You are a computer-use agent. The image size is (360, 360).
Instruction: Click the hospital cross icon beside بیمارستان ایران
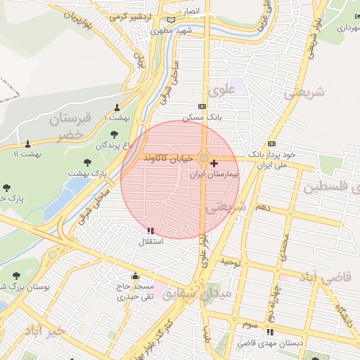coord(214,163)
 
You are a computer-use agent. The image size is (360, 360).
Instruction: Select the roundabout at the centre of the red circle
coord(204,159)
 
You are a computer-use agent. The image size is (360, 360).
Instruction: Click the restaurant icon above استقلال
coord(150,231)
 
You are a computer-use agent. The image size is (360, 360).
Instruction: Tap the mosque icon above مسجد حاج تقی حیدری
coord(135,276)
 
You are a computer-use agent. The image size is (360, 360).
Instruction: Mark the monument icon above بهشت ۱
coord(117,108)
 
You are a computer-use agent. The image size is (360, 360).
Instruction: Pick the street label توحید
coord(231,262)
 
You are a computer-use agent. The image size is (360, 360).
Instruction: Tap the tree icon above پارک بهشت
coord(87,162)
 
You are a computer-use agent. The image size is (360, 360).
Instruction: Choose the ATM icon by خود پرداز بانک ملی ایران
coord(271,144)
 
